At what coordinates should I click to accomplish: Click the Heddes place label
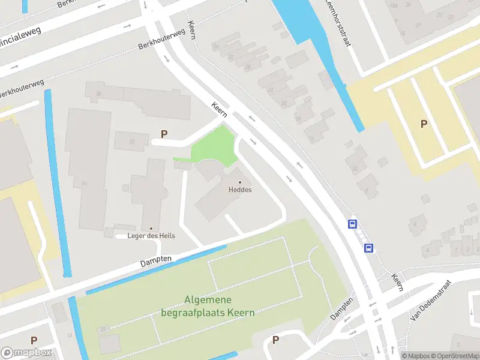(x=240, y=190)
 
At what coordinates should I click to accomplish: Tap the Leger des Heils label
(x=151, y=236)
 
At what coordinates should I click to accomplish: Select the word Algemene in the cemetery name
(x=208, y=301)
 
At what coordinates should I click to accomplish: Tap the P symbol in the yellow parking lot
(x=424, y=124)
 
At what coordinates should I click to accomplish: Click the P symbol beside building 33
(x=163, y=134)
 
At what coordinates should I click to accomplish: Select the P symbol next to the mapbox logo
(x=34, y=340)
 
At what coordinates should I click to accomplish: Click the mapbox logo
(x=26, y=352)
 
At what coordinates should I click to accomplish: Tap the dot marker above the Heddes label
(x=240, y=182)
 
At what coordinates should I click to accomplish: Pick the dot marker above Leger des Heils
(x=151, y=228)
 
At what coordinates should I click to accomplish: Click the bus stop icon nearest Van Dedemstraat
(x=369, y=247)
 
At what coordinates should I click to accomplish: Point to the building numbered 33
(x=131, y=142)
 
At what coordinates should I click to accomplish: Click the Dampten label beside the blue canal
(x=156, y=260)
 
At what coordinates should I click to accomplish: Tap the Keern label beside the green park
(x=218, y=108)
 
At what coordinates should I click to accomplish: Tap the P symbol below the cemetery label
(x=275, y=340)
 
